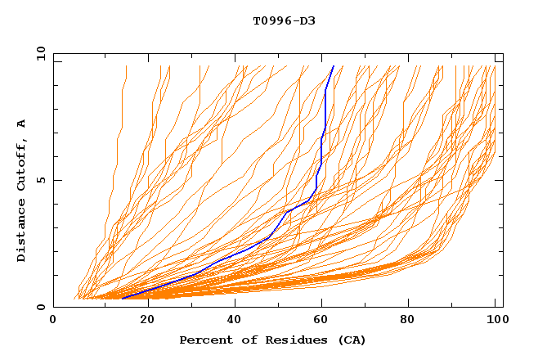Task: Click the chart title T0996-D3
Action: pos(284,20)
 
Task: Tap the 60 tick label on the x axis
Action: pos(325,320)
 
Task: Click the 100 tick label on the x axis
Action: pos(495,320)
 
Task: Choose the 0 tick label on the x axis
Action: pos(53,320)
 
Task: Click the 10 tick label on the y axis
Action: pos(38,53)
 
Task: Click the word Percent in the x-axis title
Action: pos(204,340)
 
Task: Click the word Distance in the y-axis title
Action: pos(22,232)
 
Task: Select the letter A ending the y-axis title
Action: pos(22,124)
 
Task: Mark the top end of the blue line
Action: pos(334,65)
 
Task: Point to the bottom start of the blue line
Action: pos(122,298)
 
